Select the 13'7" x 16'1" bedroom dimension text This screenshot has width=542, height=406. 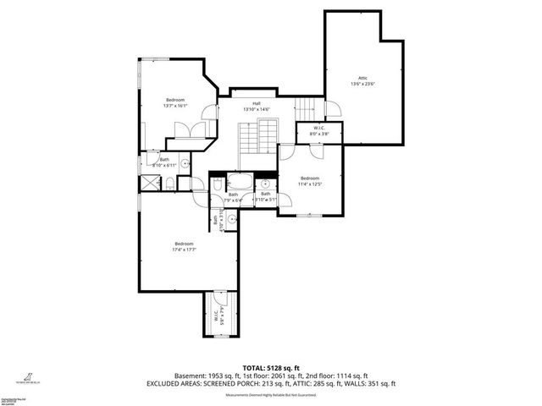tap(175, 106)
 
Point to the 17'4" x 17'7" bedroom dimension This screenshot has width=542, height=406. tap(184, 250)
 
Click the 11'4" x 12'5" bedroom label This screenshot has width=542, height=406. tap(310, 181)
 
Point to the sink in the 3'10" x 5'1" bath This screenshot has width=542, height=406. tap(265, 182)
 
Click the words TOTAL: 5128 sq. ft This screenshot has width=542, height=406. tap(270, 368)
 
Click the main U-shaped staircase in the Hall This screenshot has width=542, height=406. tap(258, 135)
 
